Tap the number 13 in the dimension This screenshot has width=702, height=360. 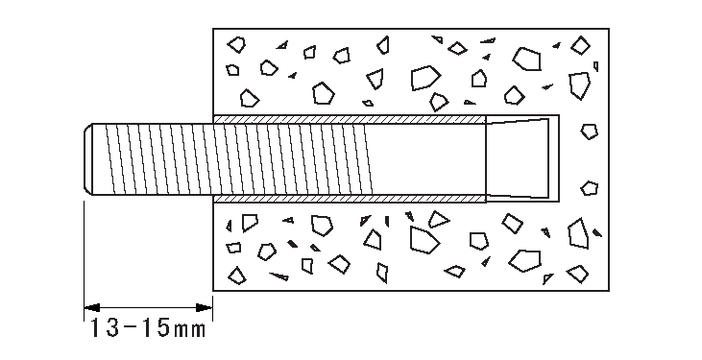104,329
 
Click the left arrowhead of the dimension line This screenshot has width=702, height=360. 89,307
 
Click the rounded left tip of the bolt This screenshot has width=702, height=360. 87,159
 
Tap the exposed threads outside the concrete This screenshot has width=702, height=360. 149,159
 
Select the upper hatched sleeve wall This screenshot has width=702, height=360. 346,119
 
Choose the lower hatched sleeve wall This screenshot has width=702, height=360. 346,200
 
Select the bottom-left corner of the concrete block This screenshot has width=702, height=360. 212,291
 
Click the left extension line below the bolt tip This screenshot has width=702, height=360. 84,250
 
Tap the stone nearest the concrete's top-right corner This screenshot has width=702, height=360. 579,43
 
